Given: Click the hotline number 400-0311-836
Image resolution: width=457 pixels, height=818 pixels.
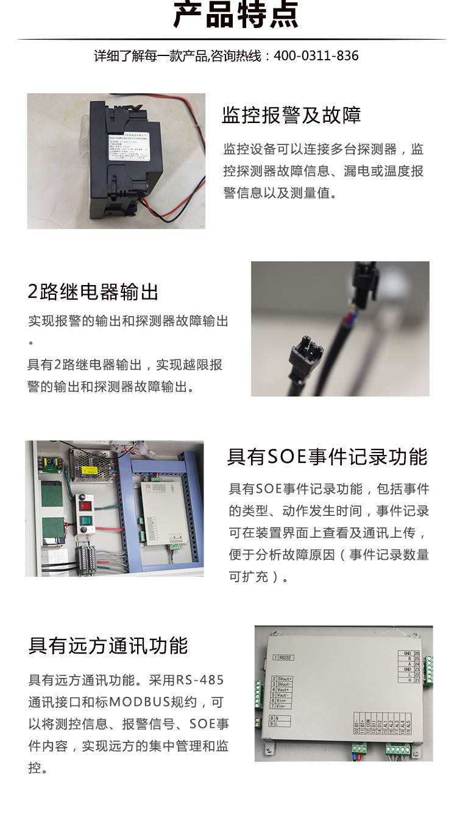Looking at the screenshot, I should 316,56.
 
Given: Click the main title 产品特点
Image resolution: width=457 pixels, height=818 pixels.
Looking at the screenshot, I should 236,15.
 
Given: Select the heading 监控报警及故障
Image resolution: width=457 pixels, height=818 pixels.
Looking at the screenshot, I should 291,115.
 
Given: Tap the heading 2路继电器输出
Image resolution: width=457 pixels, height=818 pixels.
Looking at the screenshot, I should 93,292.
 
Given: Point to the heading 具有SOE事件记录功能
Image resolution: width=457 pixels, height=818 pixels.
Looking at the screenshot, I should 327,457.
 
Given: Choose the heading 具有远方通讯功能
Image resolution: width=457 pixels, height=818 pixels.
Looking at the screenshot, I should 108,646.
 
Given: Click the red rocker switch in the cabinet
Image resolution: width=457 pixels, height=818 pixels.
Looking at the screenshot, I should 85,504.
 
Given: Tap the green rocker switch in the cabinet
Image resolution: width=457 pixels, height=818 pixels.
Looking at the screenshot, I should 85,522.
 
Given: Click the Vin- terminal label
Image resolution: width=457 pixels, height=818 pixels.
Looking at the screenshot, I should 283,706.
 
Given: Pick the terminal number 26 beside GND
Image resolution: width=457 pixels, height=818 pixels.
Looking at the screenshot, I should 417,653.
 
